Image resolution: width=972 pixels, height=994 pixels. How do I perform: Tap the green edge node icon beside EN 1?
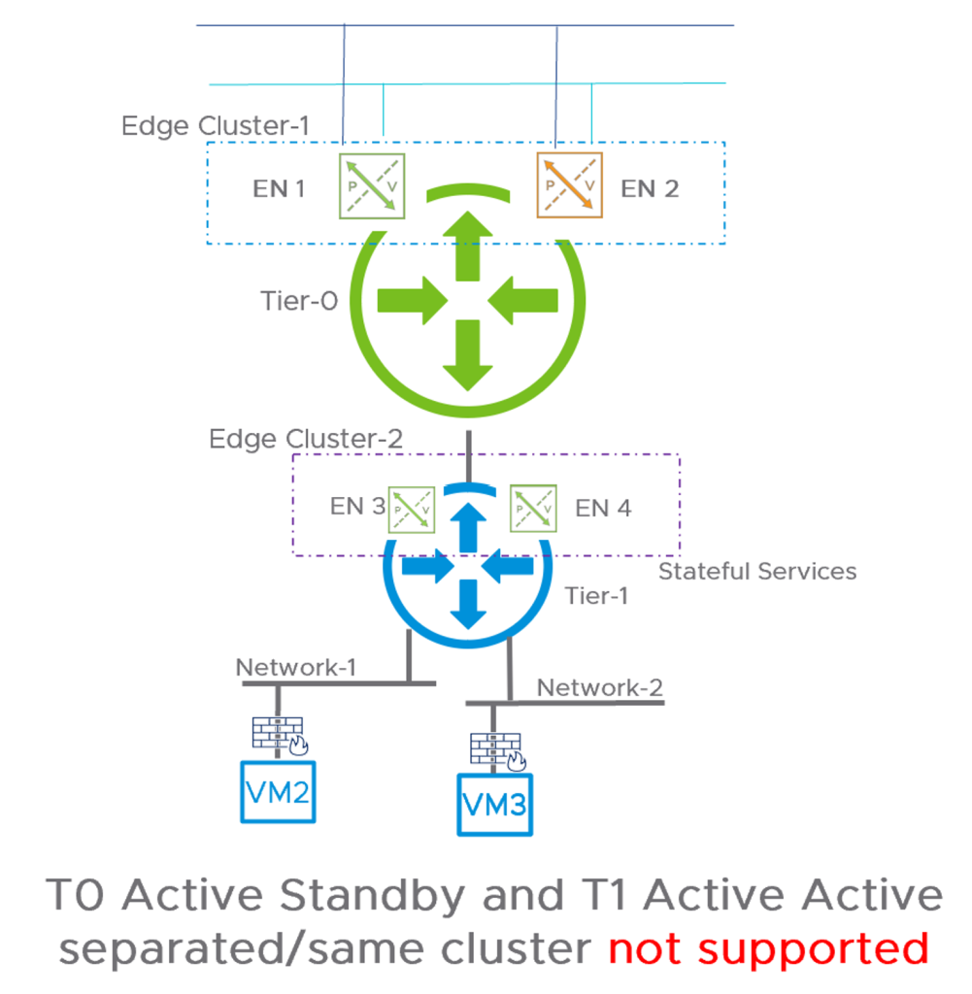(372, 184)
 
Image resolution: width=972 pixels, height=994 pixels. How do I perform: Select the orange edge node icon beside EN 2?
(569, 184)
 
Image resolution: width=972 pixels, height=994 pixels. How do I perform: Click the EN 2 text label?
(650, 188)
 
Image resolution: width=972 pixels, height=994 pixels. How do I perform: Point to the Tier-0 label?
(300, 302)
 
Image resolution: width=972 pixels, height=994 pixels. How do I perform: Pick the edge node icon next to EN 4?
(533, 507)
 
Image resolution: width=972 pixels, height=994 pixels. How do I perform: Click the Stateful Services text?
(757, 571)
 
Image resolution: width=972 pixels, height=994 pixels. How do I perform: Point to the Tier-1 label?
(596, 595)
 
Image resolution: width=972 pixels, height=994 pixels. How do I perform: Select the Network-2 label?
(600, 687)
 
